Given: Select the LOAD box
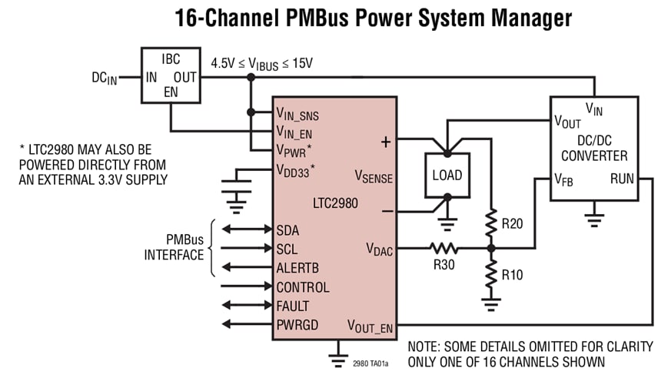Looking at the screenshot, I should tap(447, 175).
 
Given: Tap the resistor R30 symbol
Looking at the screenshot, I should tap(443, 248).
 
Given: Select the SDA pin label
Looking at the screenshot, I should tap(288, 229).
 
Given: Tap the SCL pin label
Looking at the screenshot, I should tap(287, 249).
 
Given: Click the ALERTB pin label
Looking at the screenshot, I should tap(297, 268).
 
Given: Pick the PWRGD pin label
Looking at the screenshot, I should tap(297, 325).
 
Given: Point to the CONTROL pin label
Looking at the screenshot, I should tap(303, 287).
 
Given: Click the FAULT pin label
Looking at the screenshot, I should tap(293, 306).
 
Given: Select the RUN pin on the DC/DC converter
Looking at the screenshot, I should tap(621, 179).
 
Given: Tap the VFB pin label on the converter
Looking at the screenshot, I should tap(564, 179).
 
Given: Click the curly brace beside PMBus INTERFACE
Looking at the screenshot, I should tap(213, 249).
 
